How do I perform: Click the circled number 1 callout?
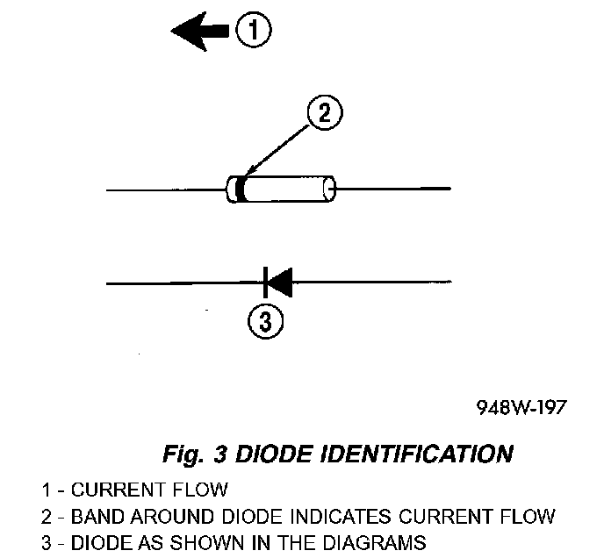click(x=253, y=32)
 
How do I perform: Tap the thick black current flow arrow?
click(x=200, y=32)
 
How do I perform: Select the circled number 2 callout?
click(x=323, y=115)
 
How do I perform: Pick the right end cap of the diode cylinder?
click(x=330, y=189)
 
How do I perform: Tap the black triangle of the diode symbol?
click(x=279, y=283)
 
